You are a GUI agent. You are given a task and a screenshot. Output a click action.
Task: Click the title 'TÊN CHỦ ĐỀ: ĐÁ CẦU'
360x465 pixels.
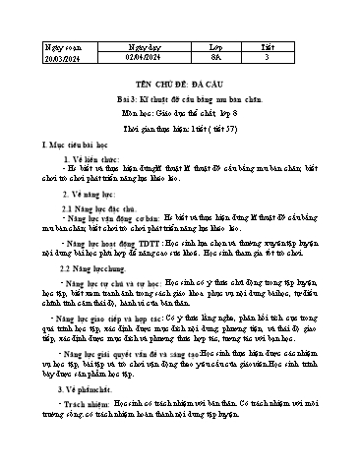pos(179,86)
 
